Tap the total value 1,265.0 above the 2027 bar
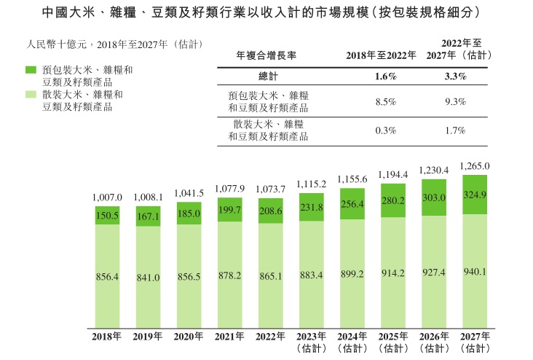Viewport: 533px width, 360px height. (475, 166)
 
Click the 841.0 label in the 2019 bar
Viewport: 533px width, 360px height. (148, 277)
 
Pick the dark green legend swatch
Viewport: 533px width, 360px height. (31, 69)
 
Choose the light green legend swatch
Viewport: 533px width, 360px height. (31, 95)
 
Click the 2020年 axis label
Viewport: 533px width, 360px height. (189, 337)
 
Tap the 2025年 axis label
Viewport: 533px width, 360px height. (393, 337)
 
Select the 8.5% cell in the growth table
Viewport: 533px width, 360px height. (385, 101)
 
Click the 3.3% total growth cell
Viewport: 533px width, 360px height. (455, 76)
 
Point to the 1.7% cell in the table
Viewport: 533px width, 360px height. (455, 130)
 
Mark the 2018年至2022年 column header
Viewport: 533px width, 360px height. (381, 55)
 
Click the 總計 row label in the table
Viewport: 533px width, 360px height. (269, 76)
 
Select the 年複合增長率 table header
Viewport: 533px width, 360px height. (266, 55)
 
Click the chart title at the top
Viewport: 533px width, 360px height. (266, 14)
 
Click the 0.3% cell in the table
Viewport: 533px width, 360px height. (385, 130)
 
